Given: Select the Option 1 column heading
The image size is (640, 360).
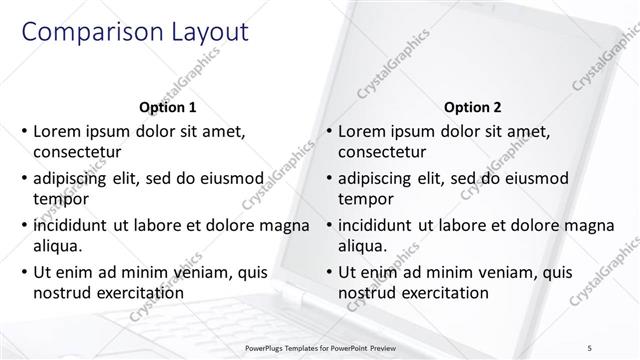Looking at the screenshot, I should (x=166, y=107).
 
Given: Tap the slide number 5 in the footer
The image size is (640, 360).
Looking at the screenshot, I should (x=618, y=348).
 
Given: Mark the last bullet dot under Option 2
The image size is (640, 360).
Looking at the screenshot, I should (x=329, y=272).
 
